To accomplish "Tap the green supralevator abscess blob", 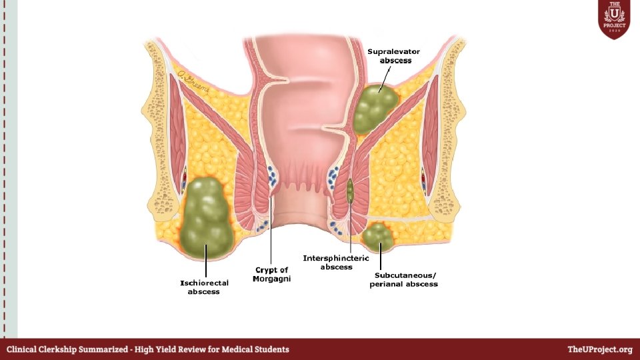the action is coord(375,108).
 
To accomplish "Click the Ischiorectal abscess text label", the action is coord(204,287).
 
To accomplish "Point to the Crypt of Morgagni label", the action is coord(271,274).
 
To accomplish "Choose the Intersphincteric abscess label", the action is coord(336,262).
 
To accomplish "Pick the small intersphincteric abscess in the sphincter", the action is coord(350,190).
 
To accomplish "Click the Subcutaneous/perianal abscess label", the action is coord(403,279).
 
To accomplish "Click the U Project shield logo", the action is coord(614,19).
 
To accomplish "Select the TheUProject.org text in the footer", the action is coord(599,349).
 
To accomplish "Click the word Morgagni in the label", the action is coord(271,279).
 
